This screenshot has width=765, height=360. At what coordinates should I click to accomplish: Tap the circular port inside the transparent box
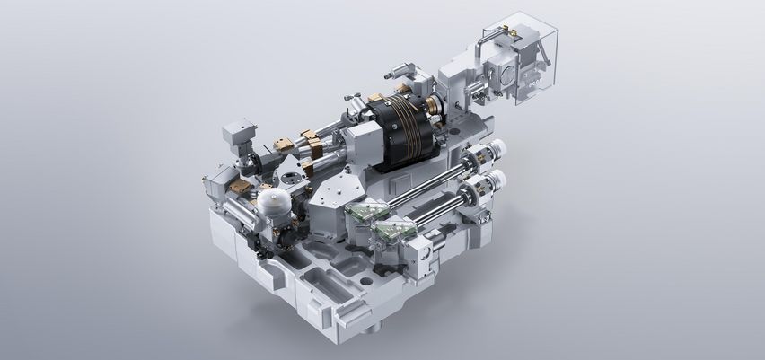click(x=503, y=78)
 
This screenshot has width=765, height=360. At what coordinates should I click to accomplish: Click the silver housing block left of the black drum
click(x=359, y=144)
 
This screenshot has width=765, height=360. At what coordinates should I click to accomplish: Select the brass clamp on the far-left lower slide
click(x=240, y=184)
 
